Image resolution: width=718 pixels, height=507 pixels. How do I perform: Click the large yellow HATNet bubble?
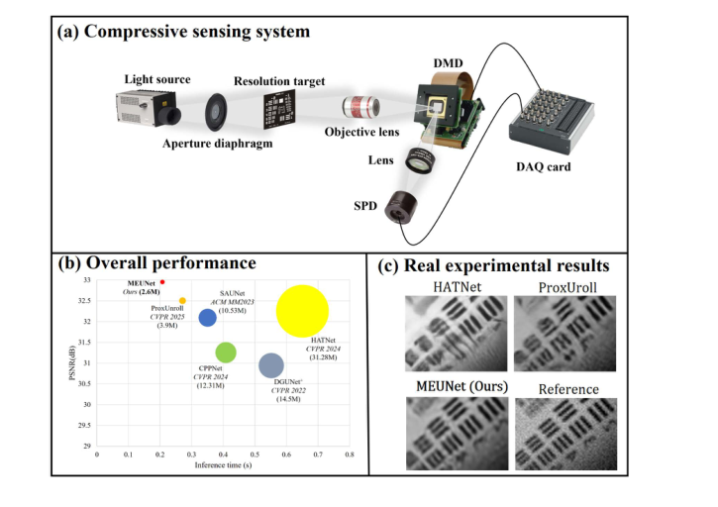[302, 310]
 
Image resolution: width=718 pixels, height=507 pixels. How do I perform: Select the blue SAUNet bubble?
[207, 317]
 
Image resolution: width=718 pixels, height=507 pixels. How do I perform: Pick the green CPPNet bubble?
[226, 352]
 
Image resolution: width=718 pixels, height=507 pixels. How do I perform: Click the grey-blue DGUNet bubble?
[270, 366]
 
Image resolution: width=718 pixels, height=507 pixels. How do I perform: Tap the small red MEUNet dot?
[161, 282]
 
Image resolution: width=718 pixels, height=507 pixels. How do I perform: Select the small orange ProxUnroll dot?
[182, 300]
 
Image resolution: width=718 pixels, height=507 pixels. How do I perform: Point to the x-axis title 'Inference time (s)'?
[222, 464]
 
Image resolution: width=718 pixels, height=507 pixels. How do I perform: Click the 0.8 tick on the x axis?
[349, 454]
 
